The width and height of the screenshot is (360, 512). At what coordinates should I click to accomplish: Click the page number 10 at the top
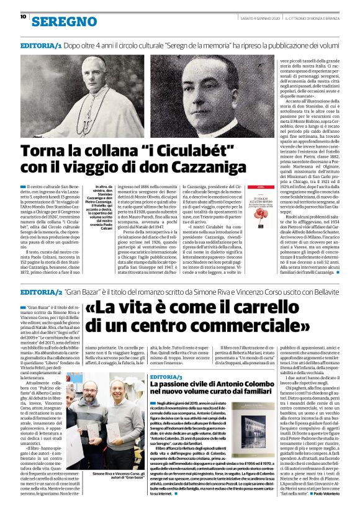pyautogui.click(x=22, y=17)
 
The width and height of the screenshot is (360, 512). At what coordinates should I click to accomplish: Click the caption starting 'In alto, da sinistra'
pyautogui.click(x=94, y=205)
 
